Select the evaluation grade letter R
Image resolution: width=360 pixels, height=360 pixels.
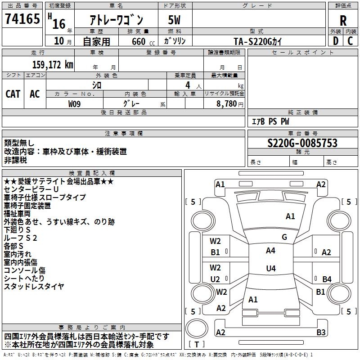[x=343, y=21]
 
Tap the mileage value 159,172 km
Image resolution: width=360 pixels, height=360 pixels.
[x=53, y=65]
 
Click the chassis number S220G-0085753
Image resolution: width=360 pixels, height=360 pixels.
[x=302, y=144]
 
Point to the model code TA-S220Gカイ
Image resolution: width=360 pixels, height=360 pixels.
[x=259, y=41]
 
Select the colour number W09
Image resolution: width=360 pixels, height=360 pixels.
[x=75, y=103]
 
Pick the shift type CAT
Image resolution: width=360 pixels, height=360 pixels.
[x=13, y=94]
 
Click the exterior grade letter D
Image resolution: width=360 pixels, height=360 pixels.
[x=335, y=41]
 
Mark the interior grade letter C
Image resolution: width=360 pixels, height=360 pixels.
[x=350, y=41]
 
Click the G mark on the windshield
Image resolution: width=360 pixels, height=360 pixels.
[x=284, y=237]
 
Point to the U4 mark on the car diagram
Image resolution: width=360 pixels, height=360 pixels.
[x=270, y=269]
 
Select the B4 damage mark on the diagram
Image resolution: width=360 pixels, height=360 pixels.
[x=327, y=279]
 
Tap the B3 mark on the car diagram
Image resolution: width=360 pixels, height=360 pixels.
[x=321, y=333]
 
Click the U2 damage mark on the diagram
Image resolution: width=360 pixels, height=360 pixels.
[x=216, y=279]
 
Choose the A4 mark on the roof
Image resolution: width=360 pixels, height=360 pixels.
[x=270, y=251]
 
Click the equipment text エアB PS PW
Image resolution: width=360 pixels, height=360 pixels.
[x=270, y=121]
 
